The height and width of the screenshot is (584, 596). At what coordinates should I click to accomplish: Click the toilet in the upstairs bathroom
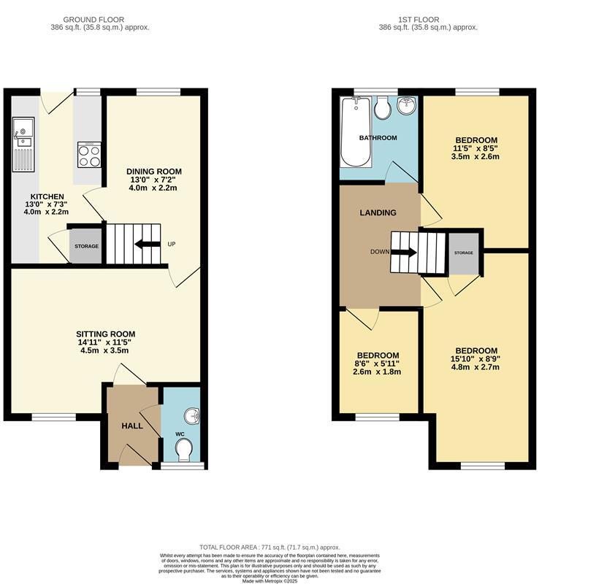[381, 109]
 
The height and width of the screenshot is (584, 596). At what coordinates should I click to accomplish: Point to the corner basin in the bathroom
[406, 107]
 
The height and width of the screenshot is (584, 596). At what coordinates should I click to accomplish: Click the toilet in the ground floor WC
[184, 448]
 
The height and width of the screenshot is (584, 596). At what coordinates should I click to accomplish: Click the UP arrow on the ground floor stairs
[148, 245]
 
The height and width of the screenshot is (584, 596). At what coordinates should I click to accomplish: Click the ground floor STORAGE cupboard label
[86, 246]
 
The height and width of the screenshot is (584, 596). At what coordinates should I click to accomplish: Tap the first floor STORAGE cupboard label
[463, 253]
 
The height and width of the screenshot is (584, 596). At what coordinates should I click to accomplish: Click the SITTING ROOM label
[107, 334]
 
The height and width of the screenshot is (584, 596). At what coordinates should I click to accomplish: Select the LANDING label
[378, 213]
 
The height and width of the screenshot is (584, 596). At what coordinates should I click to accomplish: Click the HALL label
[132, 425]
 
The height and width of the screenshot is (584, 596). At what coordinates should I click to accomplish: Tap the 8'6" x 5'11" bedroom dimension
[377, 364]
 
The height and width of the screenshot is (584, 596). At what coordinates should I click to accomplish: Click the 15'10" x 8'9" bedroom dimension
[475, 358]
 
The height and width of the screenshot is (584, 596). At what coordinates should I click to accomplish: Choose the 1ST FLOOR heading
[427, 20]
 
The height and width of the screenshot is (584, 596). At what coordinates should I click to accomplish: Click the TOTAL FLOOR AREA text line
[270, 547]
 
